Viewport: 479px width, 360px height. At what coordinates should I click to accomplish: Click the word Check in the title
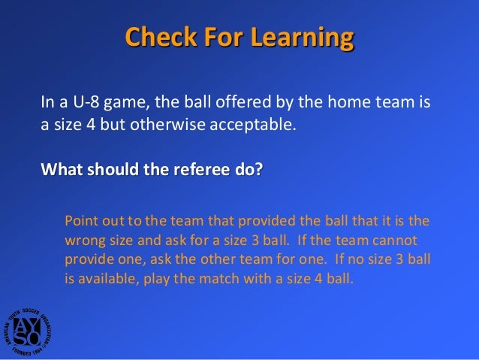click(x=155, y=37)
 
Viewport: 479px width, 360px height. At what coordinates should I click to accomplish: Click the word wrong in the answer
click(x=85, y=240)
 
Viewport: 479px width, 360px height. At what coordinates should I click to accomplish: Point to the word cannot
click(x=394, y=240)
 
